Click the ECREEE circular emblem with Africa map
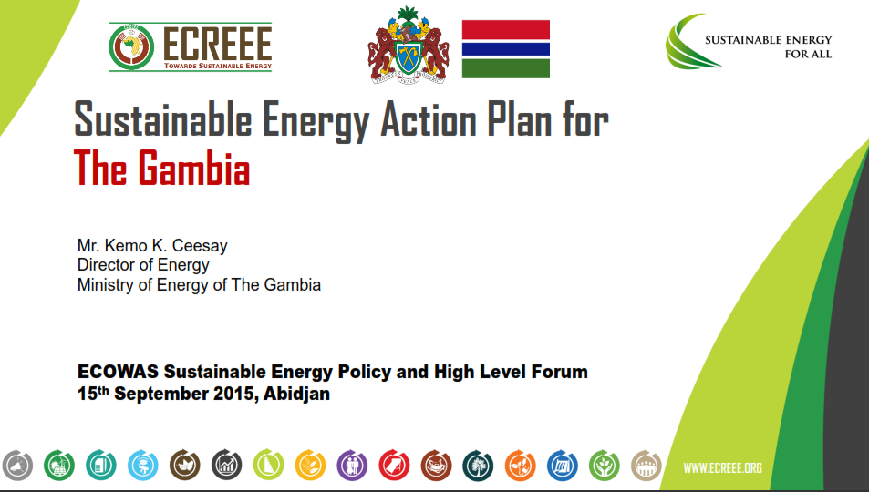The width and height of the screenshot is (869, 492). tap(131, 47)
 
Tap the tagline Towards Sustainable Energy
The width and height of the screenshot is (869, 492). tap(218, 66)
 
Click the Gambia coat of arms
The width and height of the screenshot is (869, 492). tap(409, 45)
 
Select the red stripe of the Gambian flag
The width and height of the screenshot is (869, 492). tap(506, 30)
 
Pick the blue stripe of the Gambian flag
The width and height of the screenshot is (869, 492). tap(506, 49)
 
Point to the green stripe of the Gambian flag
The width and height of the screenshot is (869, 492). tap(506, 68)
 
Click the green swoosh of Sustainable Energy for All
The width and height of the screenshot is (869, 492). tap(688, 42)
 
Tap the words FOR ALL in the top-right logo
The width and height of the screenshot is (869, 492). tap(808, 55)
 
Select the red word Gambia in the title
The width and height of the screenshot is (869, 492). tap(193, 168)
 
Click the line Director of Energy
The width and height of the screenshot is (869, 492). tap(143, 265)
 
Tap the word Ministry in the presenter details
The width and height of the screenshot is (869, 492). tap(106, 285)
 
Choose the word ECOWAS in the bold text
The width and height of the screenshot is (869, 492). tap(118, 371)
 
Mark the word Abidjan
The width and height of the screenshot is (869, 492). tap(296, 394)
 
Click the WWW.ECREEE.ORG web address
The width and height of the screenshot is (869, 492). tap(723, 468)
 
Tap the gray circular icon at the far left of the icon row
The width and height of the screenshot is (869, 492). tap(17, 465)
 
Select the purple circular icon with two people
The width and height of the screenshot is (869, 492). tap(352, 465)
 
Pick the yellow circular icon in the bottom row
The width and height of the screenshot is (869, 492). tap(310, 465)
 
